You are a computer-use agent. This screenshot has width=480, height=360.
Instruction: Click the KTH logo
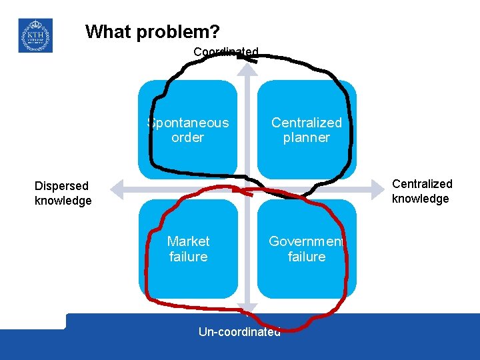point(35,35)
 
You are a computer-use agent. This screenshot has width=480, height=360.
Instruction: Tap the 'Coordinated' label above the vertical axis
point(225,52)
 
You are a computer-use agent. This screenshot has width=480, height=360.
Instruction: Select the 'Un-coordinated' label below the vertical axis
point(239,331)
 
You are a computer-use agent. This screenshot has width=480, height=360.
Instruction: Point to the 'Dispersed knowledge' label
point(63,193)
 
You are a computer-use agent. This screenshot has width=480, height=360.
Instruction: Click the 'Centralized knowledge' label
point(421,191)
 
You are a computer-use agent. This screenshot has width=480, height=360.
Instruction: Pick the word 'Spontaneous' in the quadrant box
point(188,123)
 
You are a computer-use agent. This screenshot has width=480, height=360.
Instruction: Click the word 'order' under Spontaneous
point(188,137)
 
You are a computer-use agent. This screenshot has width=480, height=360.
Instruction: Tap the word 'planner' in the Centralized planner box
point(306,137)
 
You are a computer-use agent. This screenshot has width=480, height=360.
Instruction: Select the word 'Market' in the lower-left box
point(188,241)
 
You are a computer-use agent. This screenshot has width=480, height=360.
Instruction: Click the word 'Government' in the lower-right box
point(306,241)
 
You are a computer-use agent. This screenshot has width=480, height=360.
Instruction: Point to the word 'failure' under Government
point(306,257)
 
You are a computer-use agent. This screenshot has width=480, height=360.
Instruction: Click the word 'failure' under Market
point(188,257)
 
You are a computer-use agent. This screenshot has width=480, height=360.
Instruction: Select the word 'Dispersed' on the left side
point(61,186)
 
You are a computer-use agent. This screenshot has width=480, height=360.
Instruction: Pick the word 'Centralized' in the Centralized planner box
point(306,123)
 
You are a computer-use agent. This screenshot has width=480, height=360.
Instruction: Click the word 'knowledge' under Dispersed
point(63,201)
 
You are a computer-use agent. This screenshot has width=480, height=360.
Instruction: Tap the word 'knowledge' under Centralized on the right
point(420,199)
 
